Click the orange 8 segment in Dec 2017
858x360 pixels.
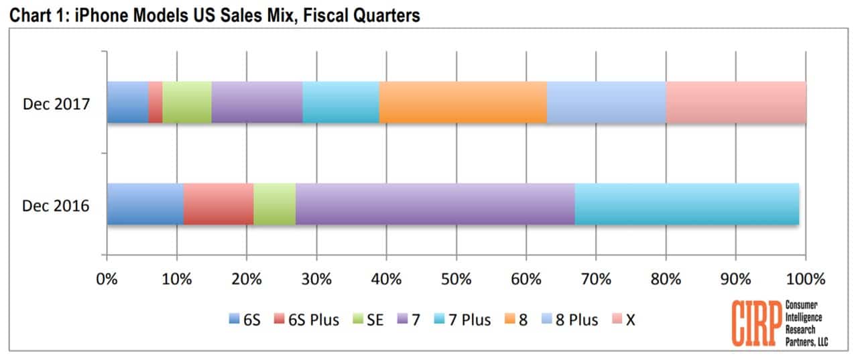click(x=463, y=103)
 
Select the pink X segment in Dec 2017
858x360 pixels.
click(x=735, y=103)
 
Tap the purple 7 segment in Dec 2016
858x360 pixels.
click(x=434, y=204)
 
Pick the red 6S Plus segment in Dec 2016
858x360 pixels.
click(x=219, y=204)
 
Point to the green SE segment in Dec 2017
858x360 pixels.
click(x=186, y=103)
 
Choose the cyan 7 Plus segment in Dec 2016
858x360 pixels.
click(x=686, y=204)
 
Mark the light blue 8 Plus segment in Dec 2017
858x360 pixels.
click(x=606, y=103)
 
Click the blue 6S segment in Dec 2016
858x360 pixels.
click(x=145, y=204)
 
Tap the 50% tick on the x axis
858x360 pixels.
click(x=456, y=278)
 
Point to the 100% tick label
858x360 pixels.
click(x=804, y=278)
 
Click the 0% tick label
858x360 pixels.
click(x=107, y=278)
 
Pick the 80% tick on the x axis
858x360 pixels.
click(x=665, y=278)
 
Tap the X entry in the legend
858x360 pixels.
click(x=623, y=320)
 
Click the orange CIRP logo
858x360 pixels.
click(x=754, y=323)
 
